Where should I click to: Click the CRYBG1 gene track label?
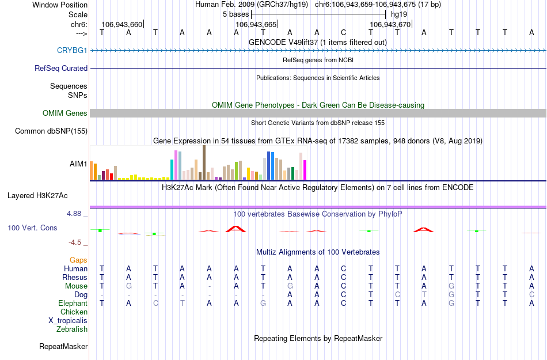pyautogui.click(x=72, y=50)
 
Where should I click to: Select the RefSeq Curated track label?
pyautogui.click(x=61, y=68)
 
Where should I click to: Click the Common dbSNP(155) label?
pyautogui.click(x=51, y=131)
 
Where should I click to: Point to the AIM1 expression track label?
pyautogui.click(x=78, y=164)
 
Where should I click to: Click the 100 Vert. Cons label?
pyautogui.click(x=32, y=228)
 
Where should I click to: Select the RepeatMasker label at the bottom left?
pyautogui.click(x=63, y=347)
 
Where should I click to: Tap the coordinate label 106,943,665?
pyautogui.click(x=256, y=25)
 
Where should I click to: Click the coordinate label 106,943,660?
pyautogui.click(x=121, y=25)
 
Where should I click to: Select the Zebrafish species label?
pyautogui.click(x=72, y=329)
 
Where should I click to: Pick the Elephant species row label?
pyautogui.click(x=73, y=304)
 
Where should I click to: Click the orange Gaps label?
pyautogui.click(x=78, y=260)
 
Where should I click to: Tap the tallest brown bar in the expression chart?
pyautogui.click(x=204, y=162)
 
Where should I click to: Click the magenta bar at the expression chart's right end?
pyautogui.click(x=305, y=169)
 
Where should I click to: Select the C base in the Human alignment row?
pyautogui.click(x=343, y=268)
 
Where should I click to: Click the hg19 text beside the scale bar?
pyautogui.click(x=398, y=14)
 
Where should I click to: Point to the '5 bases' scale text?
pyautogui.click(x=235, y=14)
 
